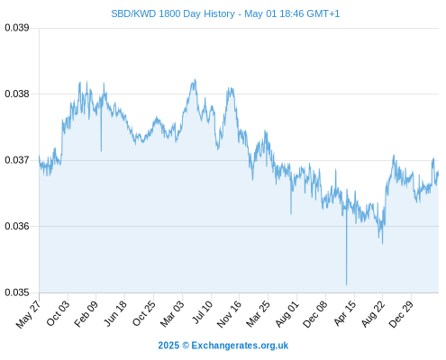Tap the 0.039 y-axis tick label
(x=17, y=28)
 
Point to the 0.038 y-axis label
(x=17, y=94)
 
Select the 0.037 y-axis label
(x=17, y=160)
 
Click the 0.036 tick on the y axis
(x=17, y=226)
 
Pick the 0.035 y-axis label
(x=17, y=292)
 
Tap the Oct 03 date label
(x=58, y=314)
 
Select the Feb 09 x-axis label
(x=86, y=314)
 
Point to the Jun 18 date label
(x=115, y=314)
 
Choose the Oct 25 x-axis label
(x=144, y=314)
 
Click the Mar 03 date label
(x=172, y=314)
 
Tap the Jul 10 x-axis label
(x=202, y=312)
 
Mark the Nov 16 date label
(x=229, y=314)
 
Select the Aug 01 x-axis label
(x=287, y=314)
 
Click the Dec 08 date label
(x=315, y=314)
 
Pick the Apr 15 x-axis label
(x=345, y=313)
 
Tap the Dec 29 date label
(x=401, y=314)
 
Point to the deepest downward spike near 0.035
(x=346, y=284)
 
